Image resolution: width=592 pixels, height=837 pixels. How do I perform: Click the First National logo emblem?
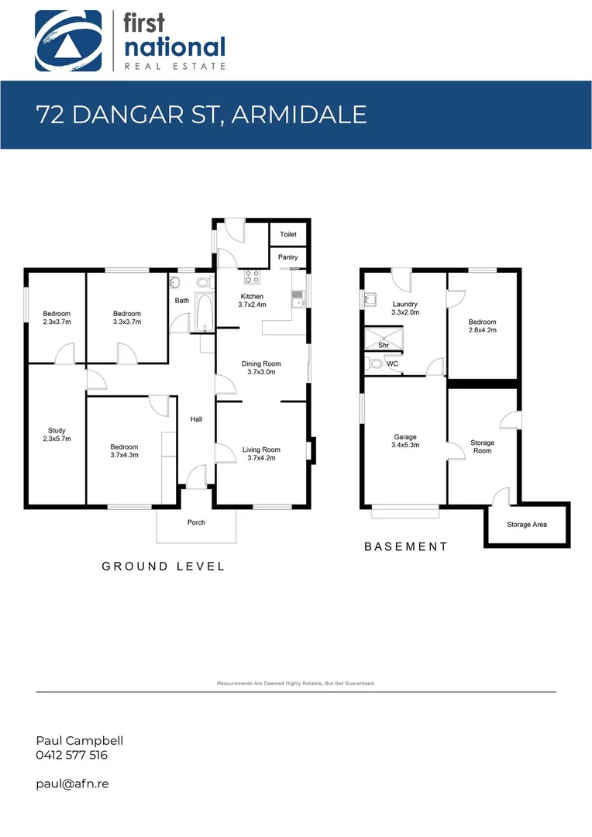[68, 40]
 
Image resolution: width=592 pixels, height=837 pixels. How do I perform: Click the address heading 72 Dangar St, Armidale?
[201, 115]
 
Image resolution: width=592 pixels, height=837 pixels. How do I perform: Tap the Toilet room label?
[288, 234]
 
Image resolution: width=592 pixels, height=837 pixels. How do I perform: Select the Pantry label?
[288, 257]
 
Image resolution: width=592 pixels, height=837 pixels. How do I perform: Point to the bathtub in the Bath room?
[205, 312]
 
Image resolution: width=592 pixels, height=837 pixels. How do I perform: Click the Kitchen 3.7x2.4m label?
[252, 301]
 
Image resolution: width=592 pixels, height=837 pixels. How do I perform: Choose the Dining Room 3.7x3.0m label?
[262, 368]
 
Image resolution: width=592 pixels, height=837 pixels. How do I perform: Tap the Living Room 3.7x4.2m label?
[261, 454]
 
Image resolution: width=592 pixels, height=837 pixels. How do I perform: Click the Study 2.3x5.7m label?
[57, 435]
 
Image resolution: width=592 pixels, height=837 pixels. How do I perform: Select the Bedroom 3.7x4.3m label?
[124, 451]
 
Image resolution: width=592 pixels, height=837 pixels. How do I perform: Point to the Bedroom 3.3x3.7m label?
[127, 318]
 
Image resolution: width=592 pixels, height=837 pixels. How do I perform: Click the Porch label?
[196, 522]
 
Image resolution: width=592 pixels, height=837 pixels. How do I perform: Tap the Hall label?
[196, 419]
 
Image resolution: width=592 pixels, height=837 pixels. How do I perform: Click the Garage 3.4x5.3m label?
[406, 441]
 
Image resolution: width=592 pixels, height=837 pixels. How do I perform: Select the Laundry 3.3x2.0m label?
[405, 308]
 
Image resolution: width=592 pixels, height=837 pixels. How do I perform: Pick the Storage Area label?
[527, 525]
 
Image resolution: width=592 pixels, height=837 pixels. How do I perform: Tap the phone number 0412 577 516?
[72, 755]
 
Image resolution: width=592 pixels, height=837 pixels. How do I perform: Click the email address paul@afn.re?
[72, 784]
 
